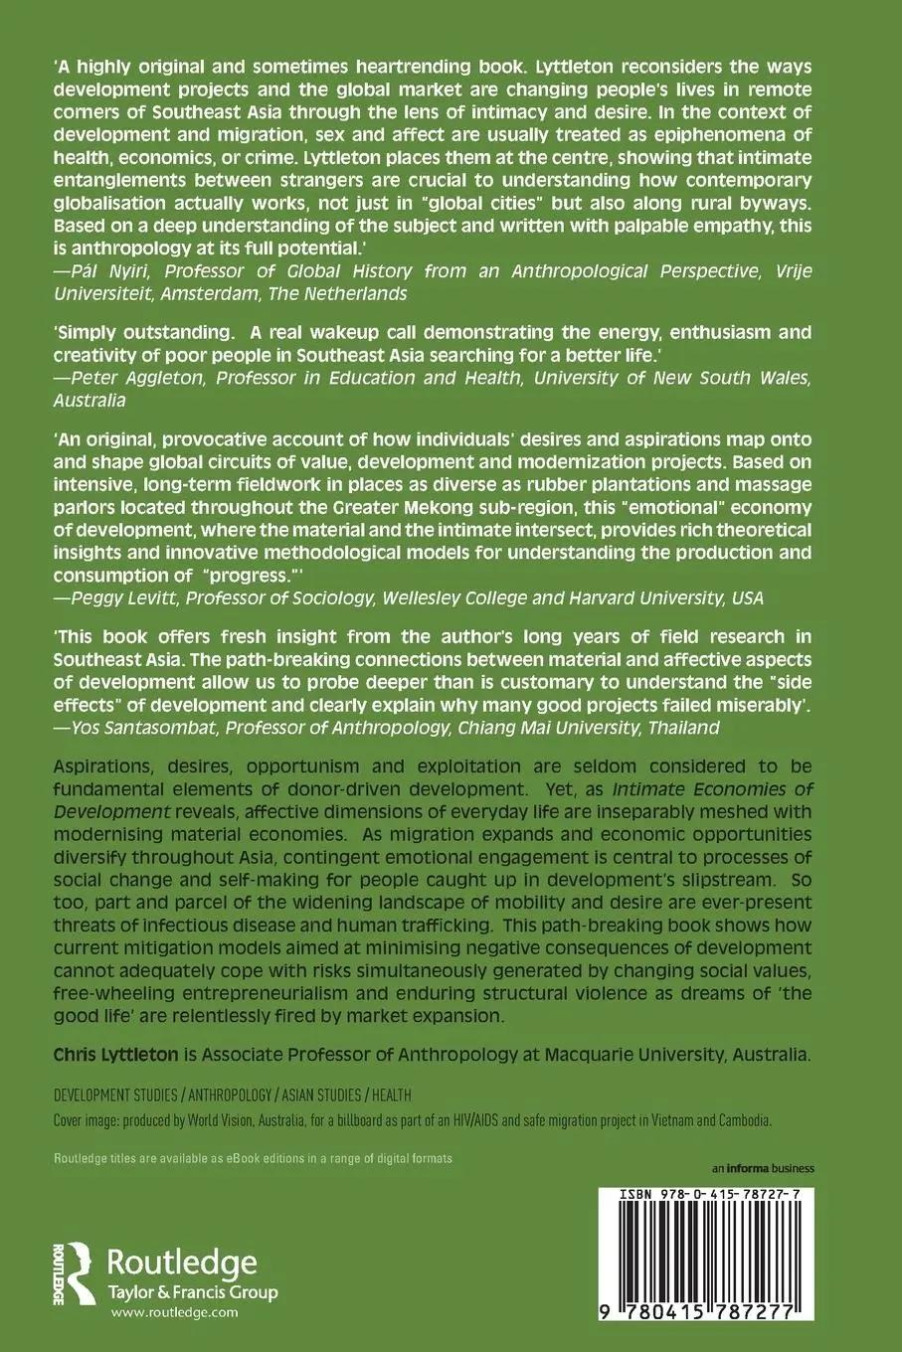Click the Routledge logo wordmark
point(181,1263)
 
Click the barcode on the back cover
point(703,1254)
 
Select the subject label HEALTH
point(390,1096)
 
